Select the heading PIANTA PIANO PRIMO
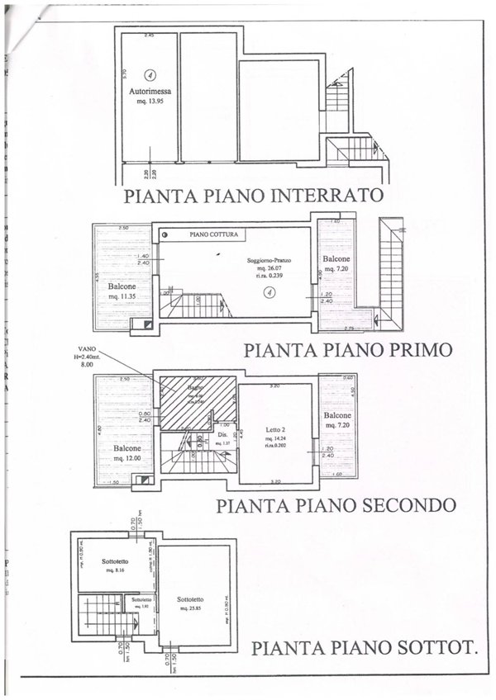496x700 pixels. point(349,349)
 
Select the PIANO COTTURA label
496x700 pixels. point(214,235)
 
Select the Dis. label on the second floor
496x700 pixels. point(222,435)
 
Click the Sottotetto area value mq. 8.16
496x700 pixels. point(112,570)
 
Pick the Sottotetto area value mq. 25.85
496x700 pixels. point(192,608)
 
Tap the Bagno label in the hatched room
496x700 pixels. point(194,387)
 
